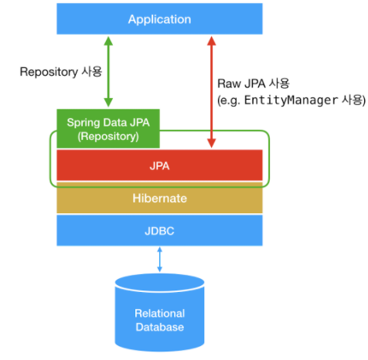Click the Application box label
[x=159, y=19]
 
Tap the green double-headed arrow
[x=108, y=72]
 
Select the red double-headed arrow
[x=211, y=92]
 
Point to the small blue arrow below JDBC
[x=159, y=260]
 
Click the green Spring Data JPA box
[x=108, y=128]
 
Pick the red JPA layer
[x=159, y=165]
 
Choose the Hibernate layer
[x=159, y=198]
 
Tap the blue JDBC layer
[x=159, y=230]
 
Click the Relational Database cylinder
[x=159, y=312]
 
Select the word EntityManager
[x=291, y=100]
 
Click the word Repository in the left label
[x=49, y=72]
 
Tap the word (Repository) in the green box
[x=108, y=136]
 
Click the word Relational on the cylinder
[x=160, y=314]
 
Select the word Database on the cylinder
[x=160, y=327]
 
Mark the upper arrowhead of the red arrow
[x=211, y=41]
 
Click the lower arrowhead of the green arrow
[x=108, y=102]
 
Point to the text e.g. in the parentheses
[x=230, y=100]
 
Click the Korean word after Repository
[x=92, y=71]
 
